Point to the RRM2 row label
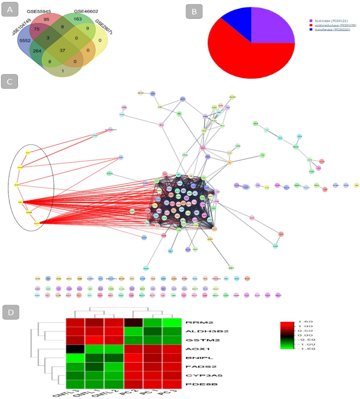click(196, 322)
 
